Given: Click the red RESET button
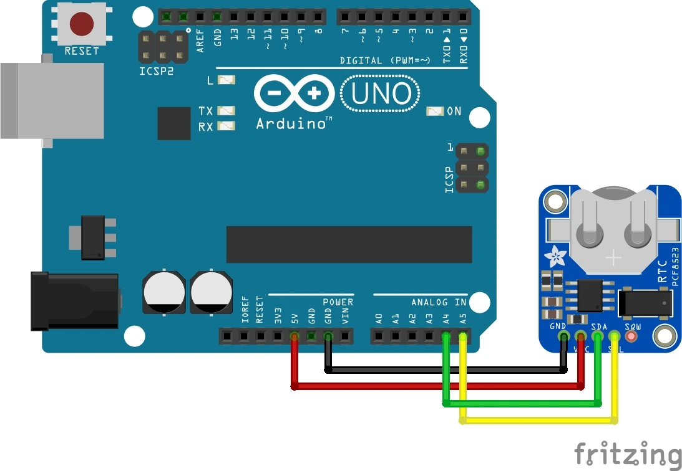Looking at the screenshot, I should click(x=82, y=24).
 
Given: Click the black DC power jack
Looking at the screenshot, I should click(x=75, y=302).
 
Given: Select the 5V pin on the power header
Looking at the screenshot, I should click(x=294, y=337).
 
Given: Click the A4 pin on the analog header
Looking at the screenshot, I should click(x=446, y=337).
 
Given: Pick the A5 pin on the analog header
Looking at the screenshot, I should click(x=463, y=337).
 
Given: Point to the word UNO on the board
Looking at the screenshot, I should click(x=381, y=94).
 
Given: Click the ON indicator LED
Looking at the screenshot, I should click(x=435, y=111).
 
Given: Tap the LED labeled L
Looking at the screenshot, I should click(x=226, y=80).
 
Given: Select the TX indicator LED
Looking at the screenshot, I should click(x=226, y=111).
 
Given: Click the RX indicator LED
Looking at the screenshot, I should click(x=226, y=126).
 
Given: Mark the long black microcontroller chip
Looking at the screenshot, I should click(x=349, y=244).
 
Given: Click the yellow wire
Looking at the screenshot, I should click(x=537, y=421).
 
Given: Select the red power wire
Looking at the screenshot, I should click(x=437, y=387).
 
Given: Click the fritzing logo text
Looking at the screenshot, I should click(x=627, y=453).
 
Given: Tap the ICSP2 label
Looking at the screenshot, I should click(x=157, y=71).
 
